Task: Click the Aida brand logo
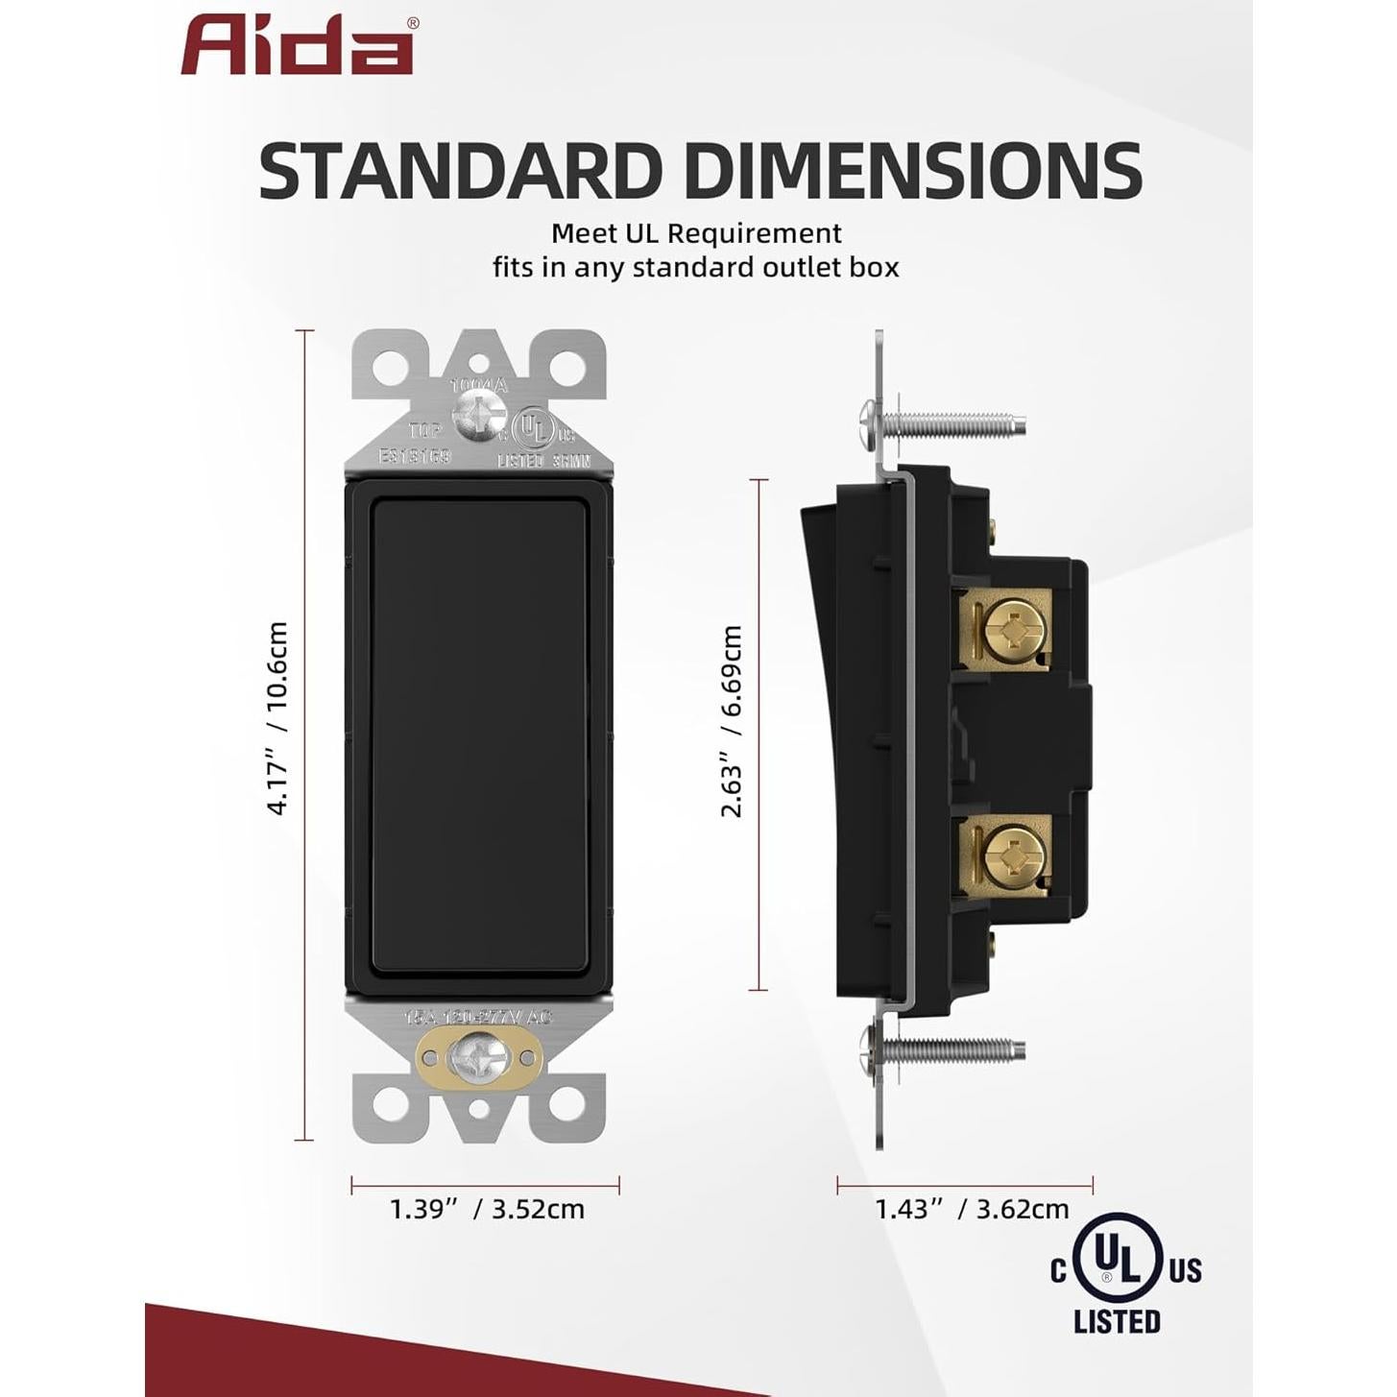pos(298,46)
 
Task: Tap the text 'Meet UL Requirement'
pos(696,233)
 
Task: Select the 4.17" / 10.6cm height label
pos(277,718)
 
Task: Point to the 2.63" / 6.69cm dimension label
pos(732,720)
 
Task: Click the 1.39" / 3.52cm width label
pos(487,1209)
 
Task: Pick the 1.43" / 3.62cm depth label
pos(972,1209)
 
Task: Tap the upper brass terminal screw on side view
pos(1011,630)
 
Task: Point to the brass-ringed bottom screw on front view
pos(478,1059)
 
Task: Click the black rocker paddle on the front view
pos(478,737)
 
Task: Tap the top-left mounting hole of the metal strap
pos(393,366)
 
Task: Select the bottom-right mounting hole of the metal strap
pos(566,1105)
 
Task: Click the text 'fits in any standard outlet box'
pos(696,267)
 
